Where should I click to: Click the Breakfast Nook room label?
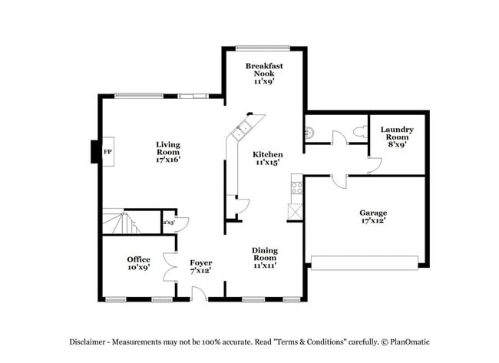[x=265, y=73]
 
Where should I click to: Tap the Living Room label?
[x=167, y=152]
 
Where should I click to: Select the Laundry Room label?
[x=397, y=136]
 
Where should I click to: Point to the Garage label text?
[x=373, y=216]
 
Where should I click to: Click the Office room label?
[x=138, y=264]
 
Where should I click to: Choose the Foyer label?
[x=200, y=267]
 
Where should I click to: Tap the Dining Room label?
[x=265, y=257]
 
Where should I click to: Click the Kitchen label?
[x=268, y=157]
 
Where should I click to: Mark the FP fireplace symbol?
[x=107, y=151]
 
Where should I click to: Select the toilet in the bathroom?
[x=357, y=132]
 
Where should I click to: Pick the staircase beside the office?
[x=122, y=223]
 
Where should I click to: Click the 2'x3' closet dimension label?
[x=167, y=223]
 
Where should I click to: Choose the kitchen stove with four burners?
[x=296, y=186]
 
